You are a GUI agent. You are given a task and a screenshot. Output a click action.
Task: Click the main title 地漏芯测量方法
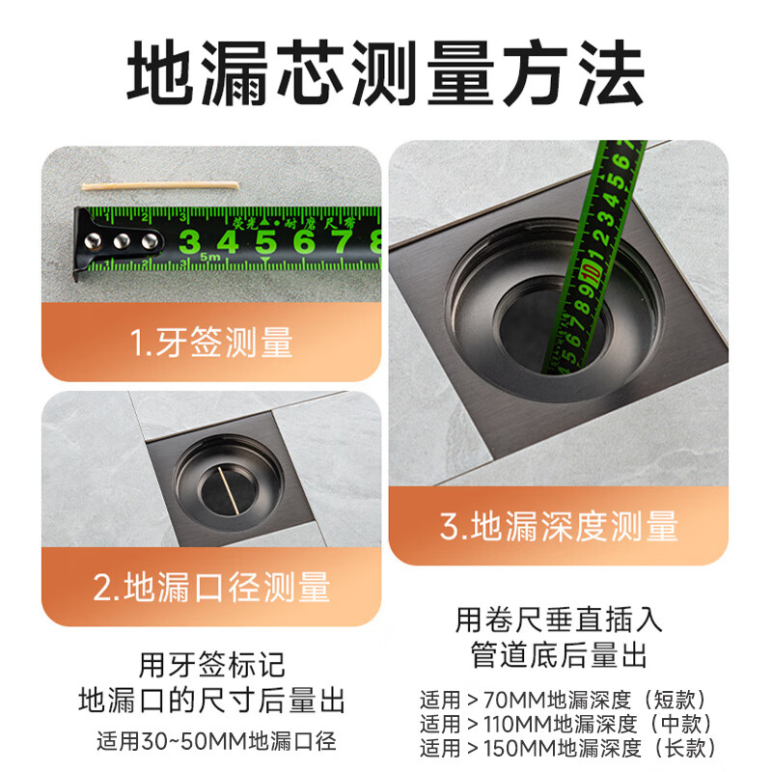click(386, 73)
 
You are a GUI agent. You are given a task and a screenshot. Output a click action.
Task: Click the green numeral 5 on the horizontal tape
click(265, 241)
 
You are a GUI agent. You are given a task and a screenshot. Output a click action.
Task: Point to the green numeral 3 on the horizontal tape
click(190, 241)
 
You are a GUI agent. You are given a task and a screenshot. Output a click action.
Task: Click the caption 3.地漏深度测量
click(559, 527)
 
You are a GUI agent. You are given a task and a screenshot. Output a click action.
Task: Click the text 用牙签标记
click(212, 665)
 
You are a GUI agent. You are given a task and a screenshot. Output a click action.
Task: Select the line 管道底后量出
click(559, 656)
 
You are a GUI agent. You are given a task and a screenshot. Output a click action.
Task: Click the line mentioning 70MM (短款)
click(565, 698)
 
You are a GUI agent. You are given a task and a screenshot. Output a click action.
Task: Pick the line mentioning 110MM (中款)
click(565, 723)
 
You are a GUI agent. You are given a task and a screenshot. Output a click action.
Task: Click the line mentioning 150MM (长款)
click(565, 748)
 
